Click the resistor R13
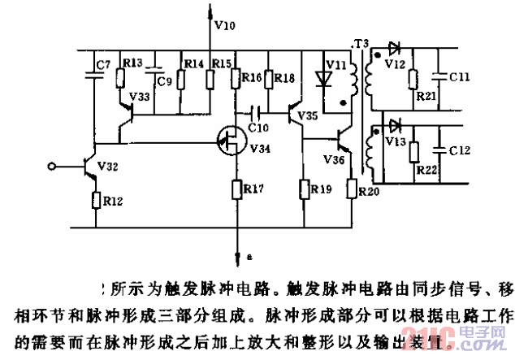(x=121, y=78)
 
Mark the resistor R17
(x=237, y=189)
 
